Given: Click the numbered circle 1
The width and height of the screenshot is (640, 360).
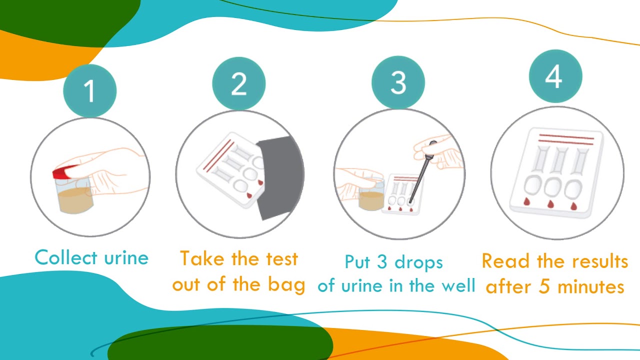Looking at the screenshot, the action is coord(89,91).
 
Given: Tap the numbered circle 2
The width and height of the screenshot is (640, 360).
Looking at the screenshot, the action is coord(239,83).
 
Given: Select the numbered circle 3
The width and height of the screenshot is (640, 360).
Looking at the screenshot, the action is coord(398,82).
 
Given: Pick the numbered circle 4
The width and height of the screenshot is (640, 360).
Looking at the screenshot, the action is coord(555,76).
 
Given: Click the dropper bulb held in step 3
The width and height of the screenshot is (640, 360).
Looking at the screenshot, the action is coord(431,149).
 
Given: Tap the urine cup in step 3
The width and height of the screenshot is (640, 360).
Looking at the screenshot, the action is coord(371,195).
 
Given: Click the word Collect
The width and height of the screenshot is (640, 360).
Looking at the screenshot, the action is coord(66,257).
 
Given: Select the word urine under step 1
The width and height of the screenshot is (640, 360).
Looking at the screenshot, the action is coord(126,258).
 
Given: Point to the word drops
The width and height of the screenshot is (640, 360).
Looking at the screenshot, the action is coord(418,262).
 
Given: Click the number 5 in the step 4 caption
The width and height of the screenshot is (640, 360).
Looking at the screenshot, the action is coord(544,286).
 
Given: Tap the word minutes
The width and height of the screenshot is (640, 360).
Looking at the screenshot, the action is coord(591,286).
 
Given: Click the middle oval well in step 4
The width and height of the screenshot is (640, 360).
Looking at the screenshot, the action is coord(553,187).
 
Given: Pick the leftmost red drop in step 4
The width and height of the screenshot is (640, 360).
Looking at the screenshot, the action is coord(527,201).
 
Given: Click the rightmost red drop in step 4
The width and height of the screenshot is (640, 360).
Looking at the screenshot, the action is coord(573,206).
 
